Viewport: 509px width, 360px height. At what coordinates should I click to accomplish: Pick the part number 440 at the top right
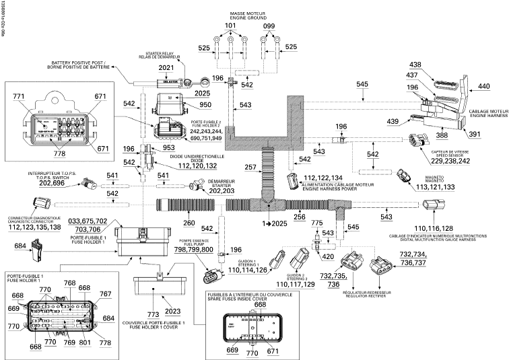click(484, 86)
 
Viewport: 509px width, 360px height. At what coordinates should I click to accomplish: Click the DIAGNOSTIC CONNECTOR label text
click(34, 221)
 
